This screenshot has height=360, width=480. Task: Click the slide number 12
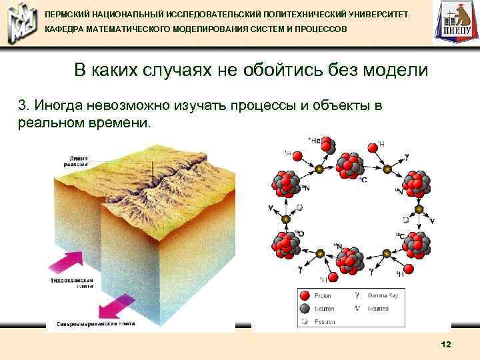446,344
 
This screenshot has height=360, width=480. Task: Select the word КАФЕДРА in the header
67,31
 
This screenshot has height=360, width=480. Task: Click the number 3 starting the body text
23,105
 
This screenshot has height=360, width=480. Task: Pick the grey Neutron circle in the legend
304,308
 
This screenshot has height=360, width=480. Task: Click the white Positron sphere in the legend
304,321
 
